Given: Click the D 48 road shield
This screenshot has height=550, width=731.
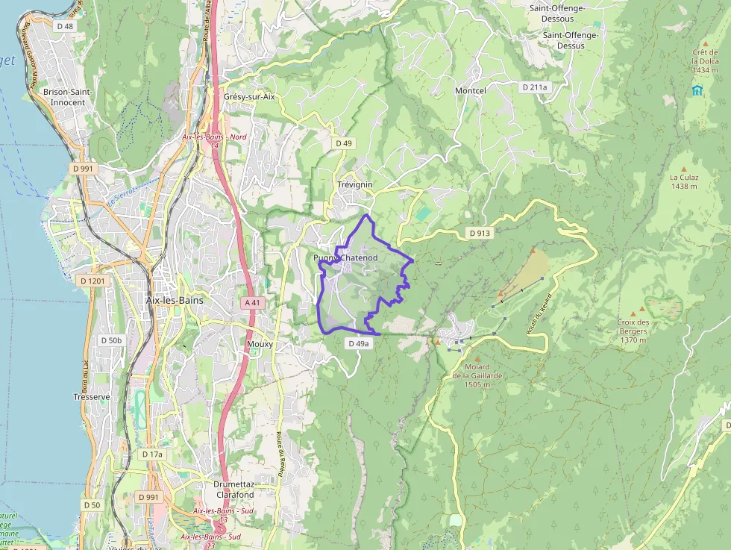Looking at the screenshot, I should pos(65,26).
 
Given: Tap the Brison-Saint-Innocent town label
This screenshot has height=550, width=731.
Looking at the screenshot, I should pos(63,96).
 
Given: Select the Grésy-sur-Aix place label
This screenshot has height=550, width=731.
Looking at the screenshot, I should pos(249,97).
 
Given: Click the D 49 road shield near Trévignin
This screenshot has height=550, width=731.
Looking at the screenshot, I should pos(343,143).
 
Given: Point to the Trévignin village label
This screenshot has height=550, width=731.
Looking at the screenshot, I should pos(354,184).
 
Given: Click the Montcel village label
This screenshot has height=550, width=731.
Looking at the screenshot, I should pos(470,90).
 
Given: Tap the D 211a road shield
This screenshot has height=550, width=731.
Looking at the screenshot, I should pos(534,87).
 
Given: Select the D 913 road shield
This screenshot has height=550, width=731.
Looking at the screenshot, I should pos(480,233).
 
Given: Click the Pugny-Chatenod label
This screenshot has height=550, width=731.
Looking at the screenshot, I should pos(345,257).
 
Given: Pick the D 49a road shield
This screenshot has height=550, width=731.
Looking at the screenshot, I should pos(358,343).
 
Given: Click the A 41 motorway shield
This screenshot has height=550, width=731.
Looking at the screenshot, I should pos(254,302).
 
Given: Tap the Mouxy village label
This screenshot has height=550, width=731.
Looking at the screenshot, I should pos(260,344).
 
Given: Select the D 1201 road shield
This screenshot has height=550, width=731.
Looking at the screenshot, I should pos(92,280).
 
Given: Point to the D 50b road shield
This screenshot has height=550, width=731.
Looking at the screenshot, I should pos(110,340).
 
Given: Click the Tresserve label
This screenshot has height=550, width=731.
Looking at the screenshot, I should pos(92,397).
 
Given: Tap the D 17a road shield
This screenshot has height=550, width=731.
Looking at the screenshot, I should pos(152,454).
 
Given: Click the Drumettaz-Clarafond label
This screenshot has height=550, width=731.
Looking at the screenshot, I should pos(235,489).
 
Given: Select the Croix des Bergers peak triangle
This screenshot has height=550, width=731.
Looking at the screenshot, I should pos(633,312).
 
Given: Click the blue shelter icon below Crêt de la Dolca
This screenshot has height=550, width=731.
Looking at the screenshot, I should pos(697,90).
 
